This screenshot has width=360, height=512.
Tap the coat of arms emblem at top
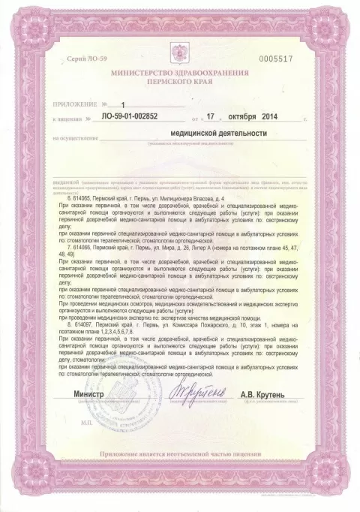(x=180, y=59)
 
